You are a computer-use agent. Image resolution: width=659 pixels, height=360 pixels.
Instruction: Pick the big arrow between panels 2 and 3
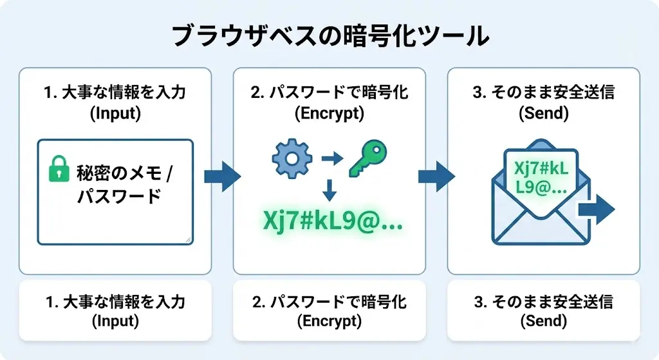[x=436, y=176]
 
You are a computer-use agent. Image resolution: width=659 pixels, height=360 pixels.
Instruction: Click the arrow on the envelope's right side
[x=596, y=209]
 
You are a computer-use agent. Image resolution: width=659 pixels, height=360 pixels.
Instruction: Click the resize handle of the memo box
[x=187, y=240]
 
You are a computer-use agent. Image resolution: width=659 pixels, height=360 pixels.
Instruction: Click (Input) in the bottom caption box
[x=115, y=320]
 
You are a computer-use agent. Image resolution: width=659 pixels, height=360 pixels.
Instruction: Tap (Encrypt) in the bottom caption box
[x=329, y=320]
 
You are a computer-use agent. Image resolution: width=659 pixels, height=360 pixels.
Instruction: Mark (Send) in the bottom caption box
[x=543, y=320]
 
